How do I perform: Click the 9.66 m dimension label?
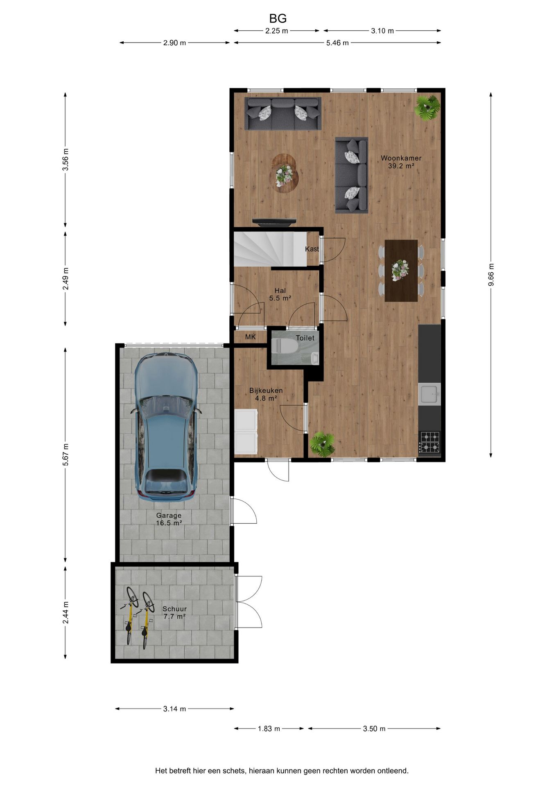[x=491, y=275]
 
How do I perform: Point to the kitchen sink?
[x=429, y=394]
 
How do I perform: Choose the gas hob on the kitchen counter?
[x=429, y=442]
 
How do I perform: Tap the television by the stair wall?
[x=274, y=222]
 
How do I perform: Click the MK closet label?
[x=250, y=337]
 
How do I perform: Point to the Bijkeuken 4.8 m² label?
[x=266, y=394]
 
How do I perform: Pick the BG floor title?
[x=278, y=18]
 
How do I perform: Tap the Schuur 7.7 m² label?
[x=174, y=612]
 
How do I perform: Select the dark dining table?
[x=401, y=270]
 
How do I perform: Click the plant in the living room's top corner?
[x=427, y=108]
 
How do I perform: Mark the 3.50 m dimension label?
[x=374, y=729]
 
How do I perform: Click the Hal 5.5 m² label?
[x=280, y=294]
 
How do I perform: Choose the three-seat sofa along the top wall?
[x=283, y=113]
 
